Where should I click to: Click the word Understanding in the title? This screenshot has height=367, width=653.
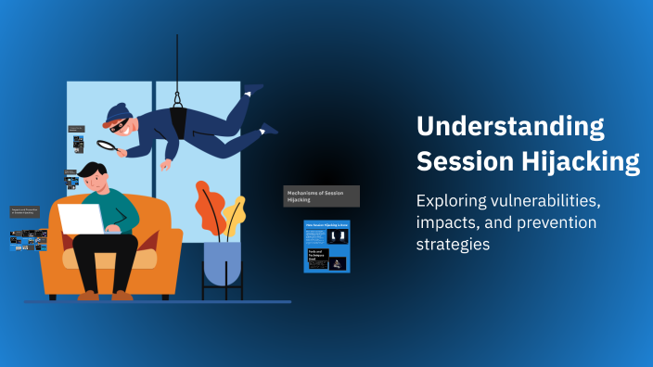[x=510, y=126]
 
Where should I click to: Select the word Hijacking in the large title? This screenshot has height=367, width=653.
[x=583, y=161]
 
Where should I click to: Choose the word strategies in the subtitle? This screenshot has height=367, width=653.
[x=453, y=245]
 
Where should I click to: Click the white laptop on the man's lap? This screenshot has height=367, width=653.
[x=82, y=220]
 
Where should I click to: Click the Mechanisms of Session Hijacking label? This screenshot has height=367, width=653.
[x=321, y=196]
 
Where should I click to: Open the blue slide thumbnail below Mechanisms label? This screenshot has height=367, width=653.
[x=326, y=247]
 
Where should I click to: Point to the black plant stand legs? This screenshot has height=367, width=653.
[x=222, y=292]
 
